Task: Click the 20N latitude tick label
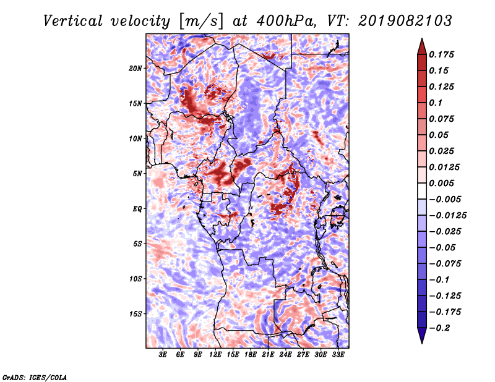tap(136, 68)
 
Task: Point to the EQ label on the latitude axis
tap(137, 208)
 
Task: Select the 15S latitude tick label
tap(136, 314)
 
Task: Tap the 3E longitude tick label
tap(162, 354)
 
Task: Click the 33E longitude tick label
tap(338, 354)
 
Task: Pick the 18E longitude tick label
tap(250, 354)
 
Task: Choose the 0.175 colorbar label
tap(441, 54)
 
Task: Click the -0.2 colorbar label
tap(439, 328)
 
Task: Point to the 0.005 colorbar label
tap(441, 183)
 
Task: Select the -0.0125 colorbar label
tap(447, 216)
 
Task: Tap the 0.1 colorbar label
tap(436, 103)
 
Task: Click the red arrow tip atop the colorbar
tap(422, 39)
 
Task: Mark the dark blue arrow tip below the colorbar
tap(422, 343)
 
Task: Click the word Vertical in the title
tap(73, 21)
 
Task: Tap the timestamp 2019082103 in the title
tap(405, 21)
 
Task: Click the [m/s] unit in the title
tap(201, 22)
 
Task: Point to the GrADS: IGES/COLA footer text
tap(35, 377)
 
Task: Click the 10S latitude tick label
tap(136, 279)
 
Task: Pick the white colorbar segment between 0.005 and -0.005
tap(422, 191)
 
